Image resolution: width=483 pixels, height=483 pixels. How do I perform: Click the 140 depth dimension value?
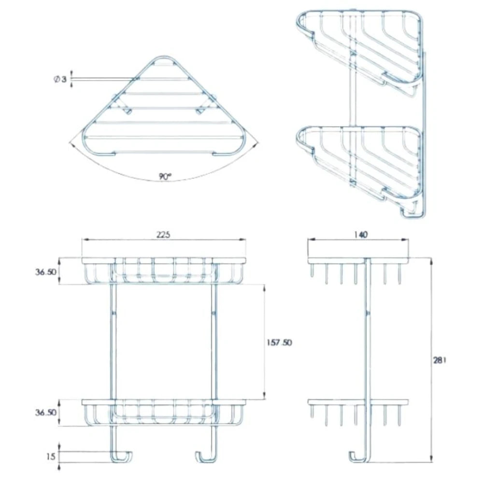click(x=360, y=234)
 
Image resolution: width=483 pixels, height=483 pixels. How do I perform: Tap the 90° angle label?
click(x=165, y=177)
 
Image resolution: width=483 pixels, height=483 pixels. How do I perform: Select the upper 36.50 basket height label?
click(x=46, y=272)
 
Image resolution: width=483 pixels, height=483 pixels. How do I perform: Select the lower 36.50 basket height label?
click(x=46, y=413)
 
